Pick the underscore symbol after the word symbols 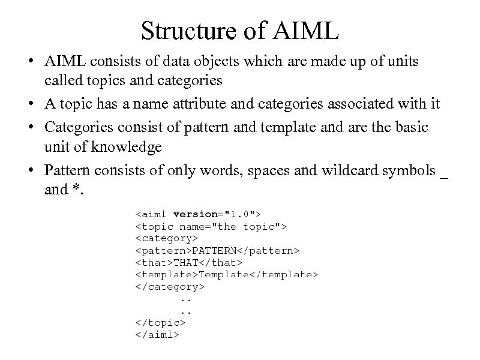pyautogui.click(x=444, y=175)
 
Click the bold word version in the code pyautogui.click(x=195, y=214)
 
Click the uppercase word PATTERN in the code pyautogui.click(x=214, y=250)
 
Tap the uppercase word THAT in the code pyautogui.click(x=186, y=262)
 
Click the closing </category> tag pyautogui.click(x=170, y=287)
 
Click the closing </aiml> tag pyautogui.click(x=157, y=335)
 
